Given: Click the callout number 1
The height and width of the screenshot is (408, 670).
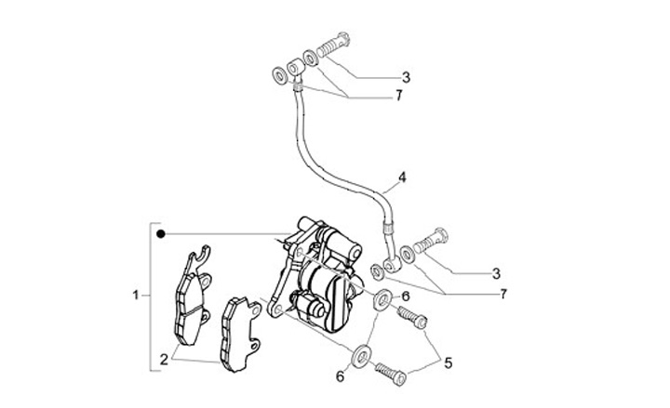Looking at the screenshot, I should (136, 296).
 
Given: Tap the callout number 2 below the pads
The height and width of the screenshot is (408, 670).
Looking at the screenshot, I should (163, 358).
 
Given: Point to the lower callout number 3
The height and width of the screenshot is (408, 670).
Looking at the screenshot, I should (496, 273).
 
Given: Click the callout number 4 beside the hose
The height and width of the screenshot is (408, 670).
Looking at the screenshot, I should (402, 176).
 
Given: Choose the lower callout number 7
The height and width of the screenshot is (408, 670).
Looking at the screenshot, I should (503, 294).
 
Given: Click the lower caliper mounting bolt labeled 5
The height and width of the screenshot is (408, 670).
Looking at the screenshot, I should (391, 375).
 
